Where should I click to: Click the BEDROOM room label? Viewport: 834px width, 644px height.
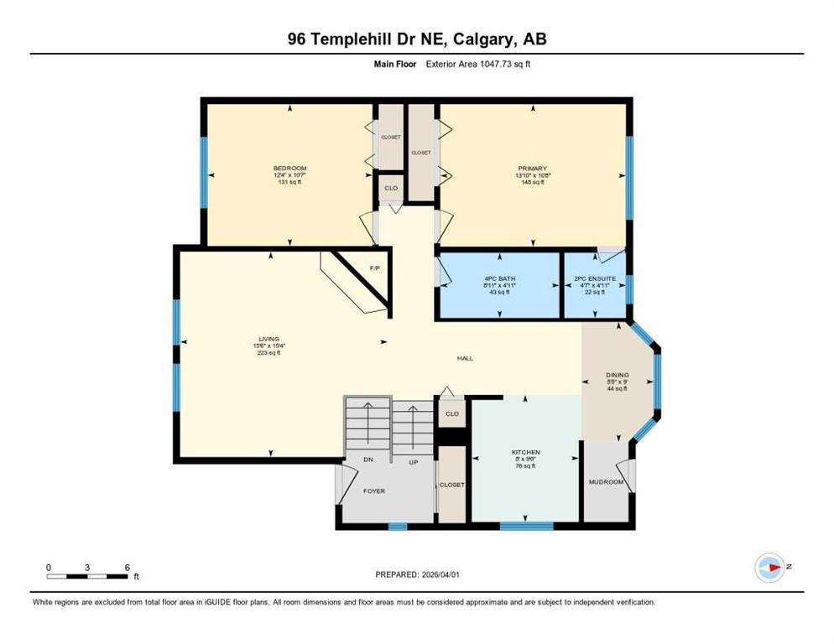point(289,169)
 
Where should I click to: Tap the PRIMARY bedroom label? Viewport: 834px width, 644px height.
point(533,169)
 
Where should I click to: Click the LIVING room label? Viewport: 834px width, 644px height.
point(268,339)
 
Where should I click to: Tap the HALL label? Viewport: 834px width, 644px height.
point(465,358)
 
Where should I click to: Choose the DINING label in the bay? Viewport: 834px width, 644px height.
point(618,376)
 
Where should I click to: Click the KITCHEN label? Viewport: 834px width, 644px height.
point(526,453)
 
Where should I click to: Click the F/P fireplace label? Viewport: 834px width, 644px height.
point(375,268)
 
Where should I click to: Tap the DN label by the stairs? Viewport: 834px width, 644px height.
point(367,460)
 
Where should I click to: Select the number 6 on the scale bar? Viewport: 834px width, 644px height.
point(126,567)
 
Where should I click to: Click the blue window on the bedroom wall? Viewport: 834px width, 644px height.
point(203,173)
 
